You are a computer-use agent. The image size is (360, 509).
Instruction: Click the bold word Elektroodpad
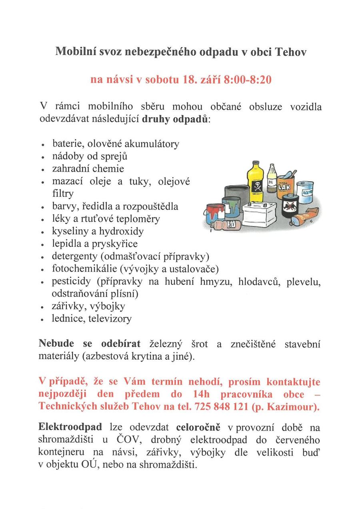pos(70,427)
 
